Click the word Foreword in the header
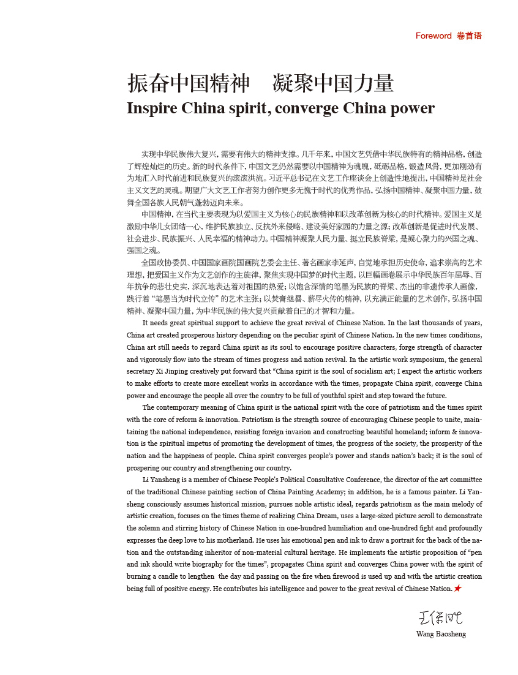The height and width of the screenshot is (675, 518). (434, 36)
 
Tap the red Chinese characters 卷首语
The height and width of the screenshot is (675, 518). (469, 36)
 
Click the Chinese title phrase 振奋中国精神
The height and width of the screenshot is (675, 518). (189, 83)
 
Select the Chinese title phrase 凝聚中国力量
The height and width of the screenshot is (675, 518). (333, 83)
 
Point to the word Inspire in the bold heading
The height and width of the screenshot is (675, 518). (151, 108)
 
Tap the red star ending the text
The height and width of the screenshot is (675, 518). (458, 589)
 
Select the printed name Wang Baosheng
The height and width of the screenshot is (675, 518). (441, 634)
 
